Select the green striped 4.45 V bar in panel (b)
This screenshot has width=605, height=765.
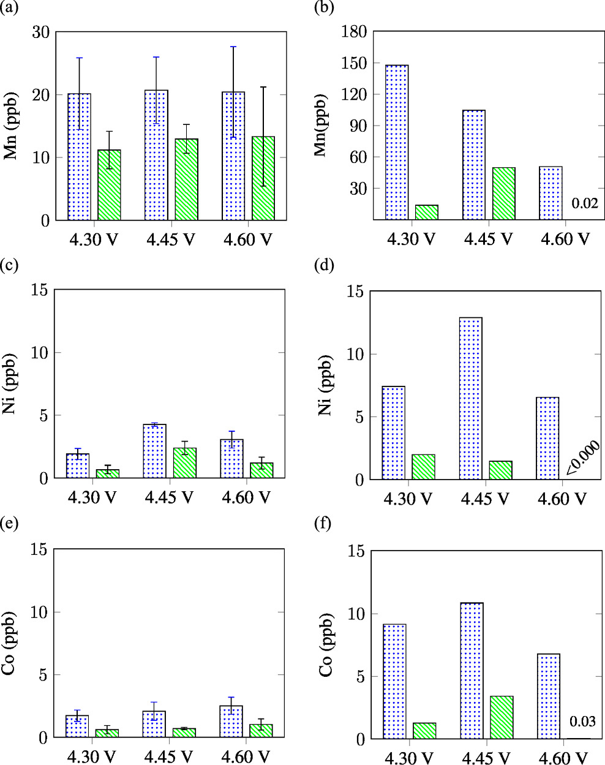(x=504, y=193)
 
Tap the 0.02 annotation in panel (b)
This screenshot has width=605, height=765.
(x=584, y=203)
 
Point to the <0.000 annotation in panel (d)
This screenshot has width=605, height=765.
(x=582, y=458)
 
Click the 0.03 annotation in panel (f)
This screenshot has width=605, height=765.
(x=583, y=722)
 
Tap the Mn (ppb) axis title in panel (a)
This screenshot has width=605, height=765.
(x=10, y=126)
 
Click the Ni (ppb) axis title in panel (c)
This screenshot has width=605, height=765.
(x=10, y=384)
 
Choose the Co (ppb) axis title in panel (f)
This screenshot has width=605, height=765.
(x=326, y=644)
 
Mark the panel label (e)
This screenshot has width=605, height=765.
(x=10, y=524)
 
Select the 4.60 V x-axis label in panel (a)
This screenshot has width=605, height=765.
(x=247, y=239)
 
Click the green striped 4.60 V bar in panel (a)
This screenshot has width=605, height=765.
(x=263, y=178)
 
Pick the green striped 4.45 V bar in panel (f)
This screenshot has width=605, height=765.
(x=502, y=717)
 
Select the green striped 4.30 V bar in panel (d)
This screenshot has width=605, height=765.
(x=423, y=467)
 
